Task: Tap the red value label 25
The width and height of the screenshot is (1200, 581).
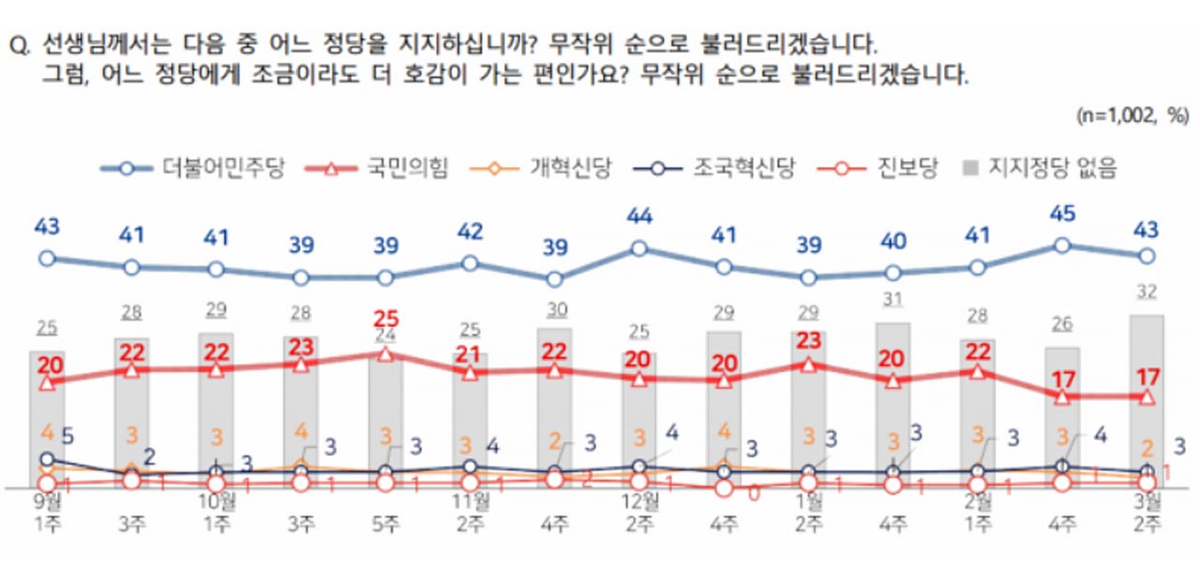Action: pos(385,318)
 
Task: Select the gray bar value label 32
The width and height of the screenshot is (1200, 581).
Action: pos(1146,290)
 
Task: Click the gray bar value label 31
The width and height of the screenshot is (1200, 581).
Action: pos(892,298)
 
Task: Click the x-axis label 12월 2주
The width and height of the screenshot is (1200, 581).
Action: pos(638,511)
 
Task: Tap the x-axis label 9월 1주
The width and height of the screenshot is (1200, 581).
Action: pos(47,511)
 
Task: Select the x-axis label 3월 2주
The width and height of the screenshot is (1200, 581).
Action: pos(1146,511)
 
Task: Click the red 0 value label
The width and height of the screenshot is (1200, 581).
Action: pos(753,491)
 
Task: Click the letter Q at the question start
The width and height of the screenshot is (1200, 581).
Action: pos(17,45)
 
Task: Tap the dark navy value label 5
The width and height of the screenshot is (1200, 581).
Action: pos(67,436)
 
